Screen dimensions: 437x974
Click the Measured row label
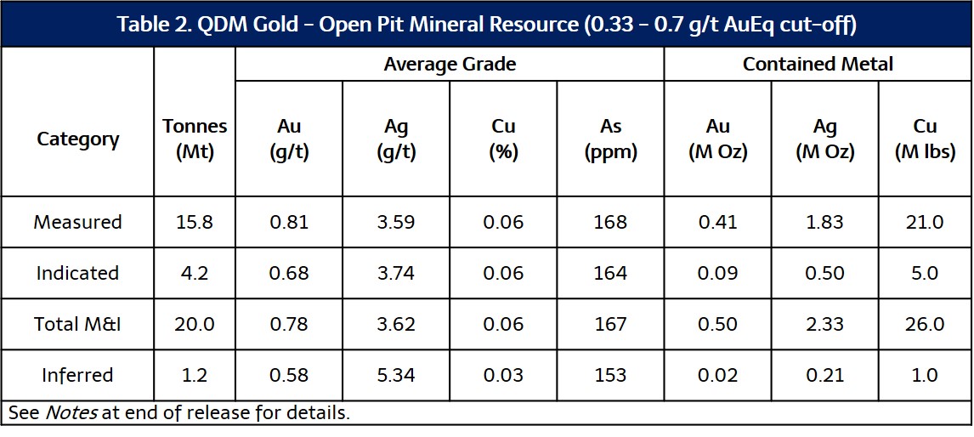77,222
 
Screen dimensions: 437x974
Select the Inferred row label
77,375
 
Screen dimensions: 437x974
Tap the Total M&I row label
77,324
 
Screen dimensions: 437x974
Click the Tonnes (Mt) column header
195,139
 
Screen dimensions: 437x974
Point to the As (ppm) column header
610,139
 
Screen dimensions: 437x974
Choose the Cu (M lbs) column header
925,139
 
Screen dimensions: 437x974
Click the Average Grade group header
450,64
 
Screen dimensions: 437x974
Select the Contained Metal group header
818,64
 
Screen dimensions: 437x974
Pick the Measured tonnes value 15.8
195,222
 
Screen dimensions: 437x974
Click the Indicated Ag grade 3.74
396,273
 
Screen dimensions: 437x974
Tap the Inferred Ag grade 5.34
396,375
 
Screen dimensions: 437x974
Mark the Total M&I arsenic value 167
610,324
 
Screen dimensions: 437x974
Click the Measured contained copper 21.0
925,222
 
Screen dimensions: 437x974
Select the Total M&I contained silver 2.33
825,324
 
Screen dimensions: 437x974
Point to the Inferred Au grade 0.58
289,375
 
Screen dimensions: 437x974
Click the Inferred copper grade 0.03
503,375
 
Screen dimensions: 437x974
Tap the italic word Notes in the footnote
70,413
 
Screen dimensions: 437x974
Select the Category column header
77,139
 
